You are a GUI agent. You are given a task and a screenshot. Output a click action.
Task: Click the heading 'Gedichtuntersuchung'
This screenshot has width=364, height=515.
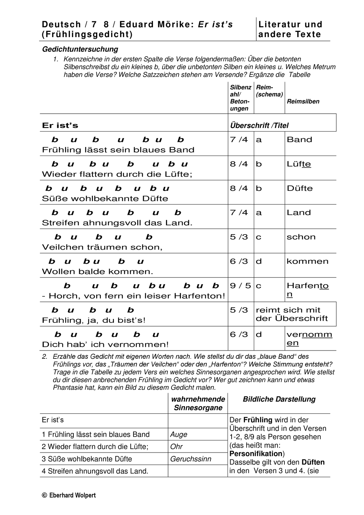pyautogui.click(x=80, y=49)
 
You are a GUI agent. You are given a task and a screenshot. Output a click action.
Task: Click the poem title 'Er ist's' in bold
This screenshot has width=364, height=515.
pyautogui.click(x=60, y=126)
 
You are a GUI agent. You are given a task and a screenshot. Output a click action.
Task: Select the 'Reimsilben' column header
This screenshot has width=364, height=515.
pyautogui.click(x=303, y=101)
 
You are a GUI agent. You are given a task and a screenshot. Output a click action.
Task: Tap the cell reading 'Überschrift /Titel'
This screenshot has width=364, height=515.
pyautogui.click(x=259, y=126)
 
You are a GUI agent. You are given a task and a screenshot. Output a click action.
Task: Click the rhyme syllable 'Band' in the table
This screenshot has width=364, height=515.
pyautogui.click(x=299, y=140)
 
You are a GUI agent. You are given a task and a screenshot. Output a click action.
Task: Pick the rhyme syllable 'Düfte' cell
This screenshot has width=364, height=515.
pyautogui.click(x=300, y=188)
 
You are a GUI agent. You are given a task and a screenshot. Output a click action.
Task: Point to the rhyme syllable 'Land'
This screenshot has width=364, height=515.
pyautogui.click(x=298, y=213)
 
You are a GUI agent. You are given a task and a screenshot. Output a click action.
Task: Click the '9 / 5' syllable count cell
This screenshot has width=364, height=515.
pyautogui.click(x=240, y=286)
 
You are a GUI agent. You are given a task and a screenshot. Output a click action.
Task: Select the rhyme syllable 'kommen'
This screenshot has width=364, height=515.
pyautogui.click(x=307, y=262)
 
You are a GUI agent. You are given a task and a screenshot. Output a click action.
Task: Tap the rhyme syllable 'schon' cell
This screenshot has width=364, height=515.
pyautogui.click(x=301, y=237)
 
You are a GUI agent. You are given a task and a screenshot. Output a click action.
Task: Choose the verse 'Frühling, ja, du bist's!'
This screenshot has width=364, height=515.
pyautogui.click(x=94, y=320)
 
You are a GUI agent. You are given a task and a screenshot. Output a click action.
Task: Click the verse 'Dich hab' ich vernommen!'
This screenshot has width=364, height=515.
pyautogui.click(x=105, y=345)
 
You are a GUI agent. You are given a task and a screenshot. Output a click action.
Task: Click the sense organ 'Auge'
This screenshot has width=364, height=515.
pyautogui.click(x=179, y=435)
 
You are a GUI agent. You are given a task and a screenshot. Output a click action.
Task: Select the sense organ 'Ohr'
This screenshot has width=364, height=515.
pyautogui.click(x=176, y=447)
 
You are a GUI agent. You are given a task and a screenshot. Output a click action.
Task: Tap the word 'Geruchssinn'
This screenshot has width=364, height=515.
pyautogui.click(x=191, y=459)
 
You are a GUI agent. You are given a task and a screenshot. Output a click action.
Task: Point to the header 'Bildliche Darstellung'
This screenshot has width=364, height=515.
pyautogui.click(x=279, y=399)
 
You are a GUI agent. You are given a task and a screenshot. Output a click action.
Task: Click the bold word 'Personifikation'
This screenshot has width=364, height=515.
pyautogui.click(x=256, y=454)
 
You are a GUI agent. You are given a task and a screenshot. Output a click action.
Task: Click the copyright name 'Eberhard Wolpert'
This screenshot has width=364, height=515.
pyautogui.click(x=72, y=495)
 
